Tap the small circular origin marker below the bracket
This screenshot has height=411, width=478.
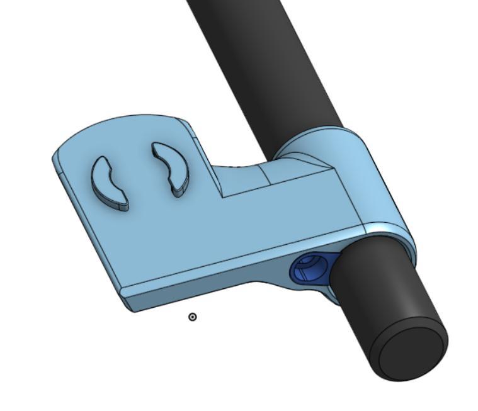[x=193, y=317]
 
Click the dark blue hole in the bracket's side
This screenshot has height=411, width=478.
[x=306, y=269]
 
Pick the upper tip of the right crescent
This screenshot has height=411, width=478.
[x=155, y=145]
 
